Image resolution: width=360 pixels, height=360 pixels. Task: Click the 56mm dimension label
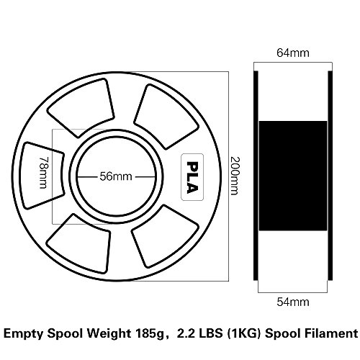click(x=116, y=176)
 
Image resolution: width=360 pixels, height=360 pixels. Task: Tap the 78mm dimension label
click(x=44, y=173)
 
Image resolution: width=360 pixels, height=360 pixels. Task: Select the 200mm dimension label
click(x=235, y=176)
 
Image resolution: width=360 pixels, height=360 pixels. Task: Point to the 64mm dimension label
click(x=293, y=53)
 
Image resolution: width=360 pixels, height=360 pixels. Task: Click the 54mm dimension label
click(x=293, y=302)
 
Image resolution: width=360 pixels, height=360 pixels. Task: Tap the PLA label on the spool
click(x=192, y=177)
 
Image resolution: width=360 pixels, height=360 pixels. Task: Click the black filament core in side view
click(x=293, y=176)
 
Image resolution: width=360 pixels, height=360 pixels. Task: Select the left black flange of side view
click(x=256, y=176)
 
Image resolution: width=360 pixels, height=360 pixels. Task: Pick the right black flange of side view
click(x=330, y=176)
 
